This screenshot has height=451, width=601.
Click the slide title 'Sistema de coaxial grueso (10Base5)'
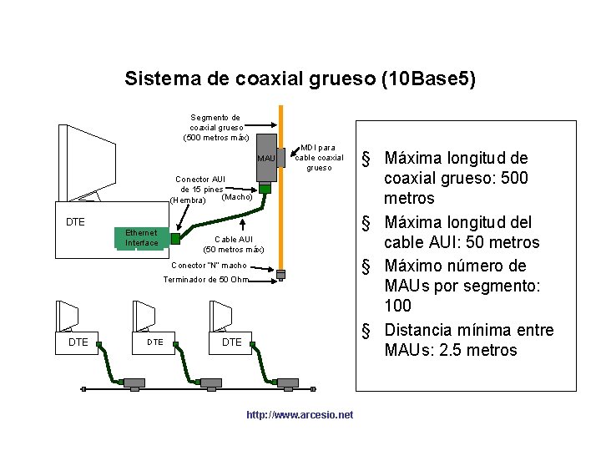[x=300, y=79]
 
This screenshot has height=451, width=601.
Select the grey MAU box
[x=266, y=158]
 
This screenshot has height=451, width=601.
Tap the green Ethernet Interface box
[x=142, y=238]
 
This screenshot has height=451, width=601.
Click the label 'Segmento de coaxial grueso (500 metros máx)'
[x=215, y=127]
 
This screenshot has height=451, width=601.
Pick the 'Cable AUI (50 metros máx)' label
[x=233, y=244]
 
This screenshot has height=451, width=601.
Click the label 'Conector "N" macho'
[x=209, y=266]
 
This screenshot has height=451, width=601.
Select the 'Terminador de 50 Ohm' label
[x=205, y=280]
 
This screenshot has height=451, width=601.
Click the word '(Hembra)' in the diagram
[x=188, y=200]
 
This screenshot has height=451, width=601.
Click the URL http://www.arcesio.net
[x=300, y=415]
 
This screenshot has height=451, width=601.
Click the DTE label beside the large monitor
[x=76, y=222]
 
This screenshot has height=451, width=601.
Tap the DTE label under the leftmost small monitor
[x=78, y=342]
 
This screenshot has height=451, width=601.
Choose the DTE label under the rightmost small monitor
[x=231, y=342]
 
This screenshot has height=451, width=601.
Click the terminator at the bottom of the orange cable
[x=281, y=275]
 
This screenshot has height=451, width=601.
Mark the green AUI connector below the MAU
[x=265, y=189]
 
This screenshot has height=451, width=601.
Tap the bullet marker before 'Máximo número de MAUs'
[x=366, y=266]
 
